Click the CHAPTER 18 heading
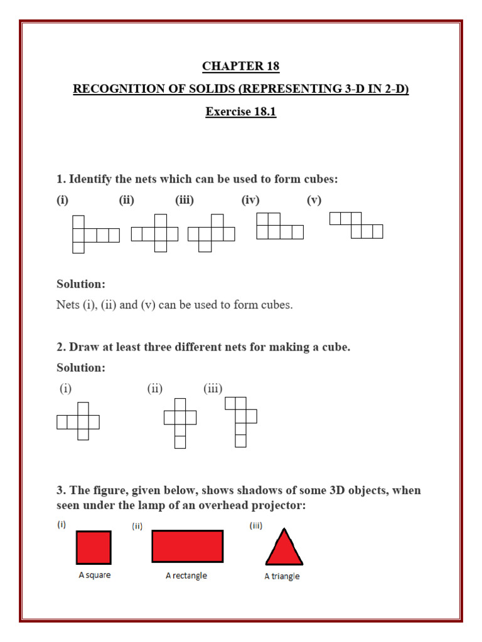240,66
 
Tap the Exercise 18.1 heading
240,112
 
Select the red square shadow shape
94,547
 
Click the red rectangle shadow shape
187,546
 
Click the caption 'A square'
95,575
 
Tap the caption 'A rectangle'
186,576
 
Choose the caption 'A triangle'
282,576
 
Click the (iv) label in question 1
250,200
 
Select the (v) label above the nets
314,200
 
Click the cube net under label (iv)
279,226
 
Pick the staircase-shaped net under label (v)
356,225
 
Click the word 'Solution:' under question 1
81,284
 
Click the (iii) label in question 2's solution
213,389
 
